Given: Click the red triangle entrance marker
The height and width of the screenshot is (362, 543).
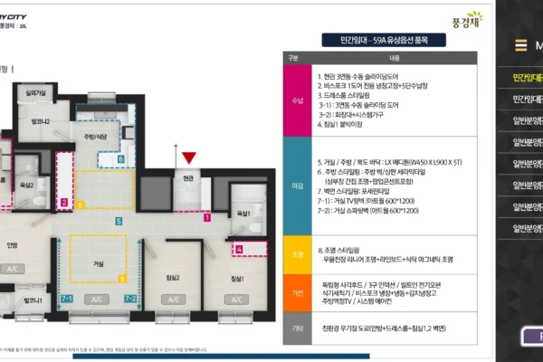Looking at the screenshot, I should click(188, 159).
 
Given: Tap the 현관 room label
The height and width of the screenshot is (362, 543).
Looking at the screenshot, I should click(188, 179).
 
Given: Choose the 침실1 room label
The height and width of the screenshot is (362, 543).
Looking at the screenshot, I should click(237, 277).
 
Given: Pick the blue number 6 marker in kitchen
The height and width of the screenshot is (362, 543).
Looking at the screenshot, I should click(121, 157).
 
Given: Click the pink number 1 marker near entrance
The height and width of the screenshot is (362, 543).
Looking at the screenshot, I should click(206, 217).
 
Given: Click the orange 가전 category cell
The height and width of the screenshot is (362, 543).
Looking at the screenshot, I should click(297, 293).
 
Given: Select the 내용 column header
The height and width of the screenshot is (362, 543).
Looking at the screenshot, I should click(395, 56).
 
